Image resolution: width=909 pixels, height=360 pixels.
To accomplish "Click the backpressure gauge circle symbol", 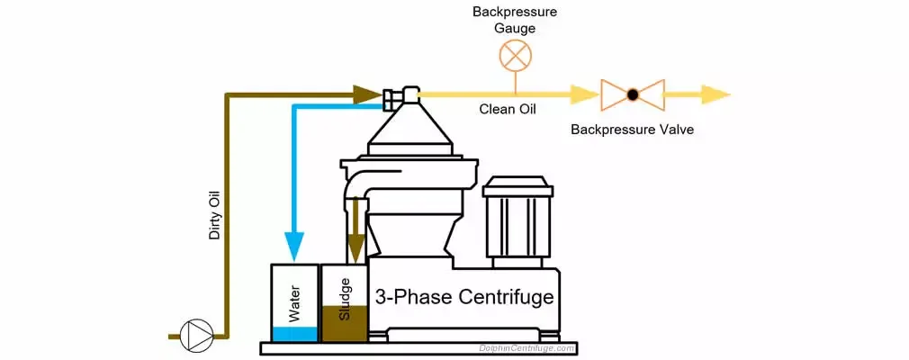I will (515, 56).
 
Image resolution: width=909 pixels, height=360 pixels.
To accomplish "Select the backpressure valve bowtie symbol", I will (633, 94).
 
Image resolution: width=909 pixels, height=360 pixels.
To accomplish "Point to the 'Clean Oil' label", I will (506, 110).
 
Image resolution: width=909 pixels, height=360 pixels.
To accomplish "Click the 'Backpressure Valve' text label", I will (632, 130).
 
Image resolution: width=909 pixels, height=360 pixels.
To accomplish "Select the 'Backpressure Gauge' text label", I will (515, 20).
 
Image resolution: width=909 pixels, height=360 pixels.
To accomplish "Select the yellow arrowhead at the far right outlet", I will (715, 94).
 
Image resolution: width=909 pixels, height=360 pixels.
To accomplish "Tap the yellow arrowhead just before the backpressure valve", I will (583, 94).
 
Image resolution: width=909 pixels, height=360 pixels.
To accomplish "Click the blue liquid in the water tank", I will (294, 334).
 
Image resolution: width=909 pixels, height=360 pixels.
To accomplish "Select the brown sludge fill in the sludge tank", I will (343, 326).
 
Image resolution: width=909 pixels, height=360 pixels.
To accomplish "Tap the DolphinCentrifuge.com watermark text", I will (526, 347).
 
